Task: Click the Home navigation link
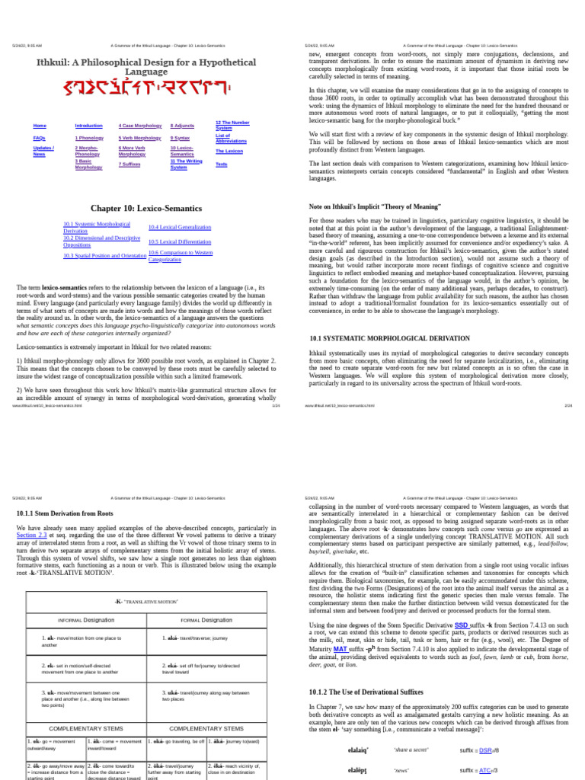[x=40, y=125]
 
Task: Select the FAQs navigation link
[x=40, y=138]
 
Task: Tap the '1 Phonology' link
[x=90, y=138]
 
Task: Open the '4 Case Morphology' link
[x=140, y=125]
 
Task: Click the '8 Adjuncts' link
[x=182, y=125]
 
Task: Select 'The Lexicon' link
[x=229, y=151]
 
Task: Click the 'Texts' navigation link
[x=221, y=164]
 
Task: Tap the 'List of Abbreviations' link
[x=231, y=138]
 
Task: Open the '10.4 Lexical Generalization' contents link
[x=180, y=227]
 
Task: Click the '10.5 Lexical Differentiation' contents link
[x=181, y=241]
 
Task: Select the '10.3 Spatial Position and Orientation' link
[x=104, y=256]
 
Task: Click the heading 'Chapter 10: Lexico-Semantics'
[x=145, y=207]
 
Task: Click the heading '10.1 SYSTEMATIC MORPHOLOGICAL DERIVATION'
[x=379, y=337]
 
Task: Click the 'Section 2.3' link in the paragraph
[x=31, y=535]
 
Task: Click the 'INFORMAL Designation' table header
[x=86, y=620]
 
